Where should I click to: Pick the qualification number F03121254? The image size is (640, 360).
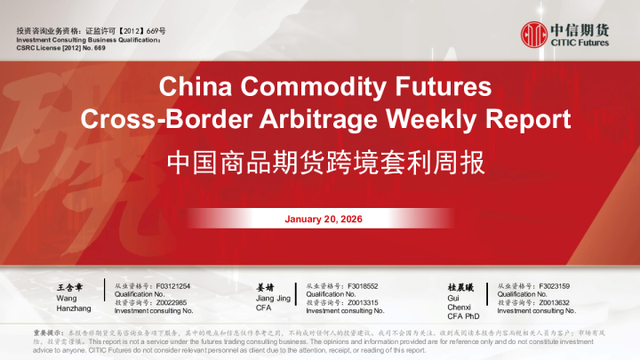pos(172,286)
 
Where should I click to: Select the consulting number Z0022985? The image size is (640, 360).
pos(173,302)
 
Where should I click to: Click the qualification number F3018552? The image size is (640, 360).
pos(364,286)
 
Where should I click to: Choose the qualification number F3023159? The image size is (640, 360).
pos(554,286)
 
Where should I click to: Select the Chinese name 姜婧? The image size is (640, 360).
pos(264,288)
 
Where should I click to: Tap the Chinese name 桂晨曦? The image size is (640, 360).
pos(460,288)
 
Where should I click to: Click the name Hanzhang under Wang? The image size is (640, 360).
pos(73,308)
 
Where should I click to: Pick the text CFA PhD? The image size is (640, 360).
pos(463,316)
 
